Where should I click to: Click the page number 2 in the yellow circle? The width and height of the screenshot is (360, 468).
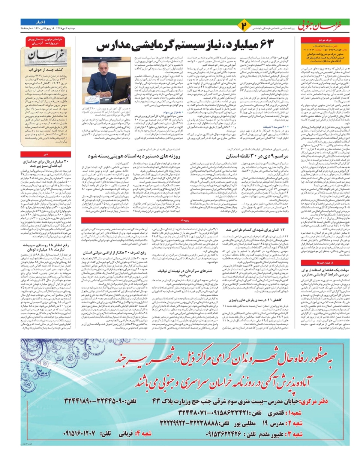pyautogui.click(x=244, y=26)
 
